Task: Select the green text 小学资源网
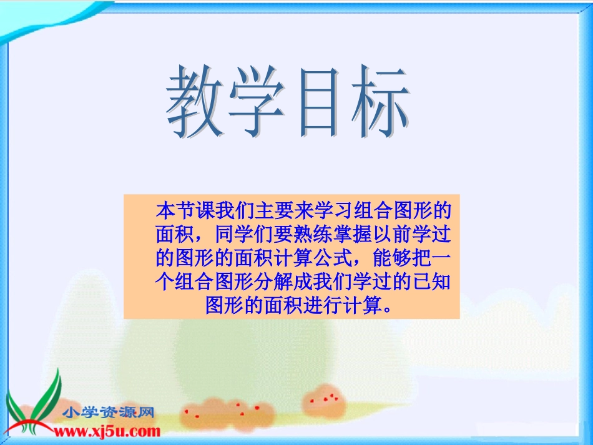[x=109, y=413]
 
